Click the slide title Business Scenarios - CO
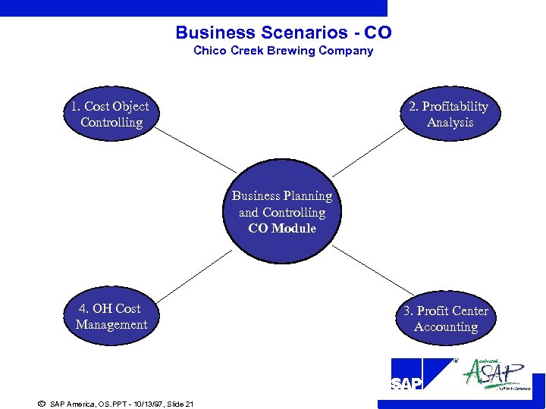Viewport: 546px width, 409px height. (283, 33)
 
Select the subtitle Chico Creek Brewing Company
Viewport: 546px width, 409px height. (283, 51)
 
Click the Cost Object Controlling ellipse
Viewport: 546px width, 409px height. (111, 114)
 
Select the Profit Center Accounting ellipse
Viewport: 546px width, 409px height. (446, 319)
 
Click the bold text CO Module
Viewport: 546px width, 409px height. (282, 229)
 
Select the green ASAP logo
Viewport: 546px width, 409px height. (495, 374)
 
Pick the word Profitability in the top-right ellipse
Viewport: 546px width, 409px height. (455, 107)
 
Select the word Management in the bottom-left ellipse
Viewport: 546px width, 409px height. (111, 325)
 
